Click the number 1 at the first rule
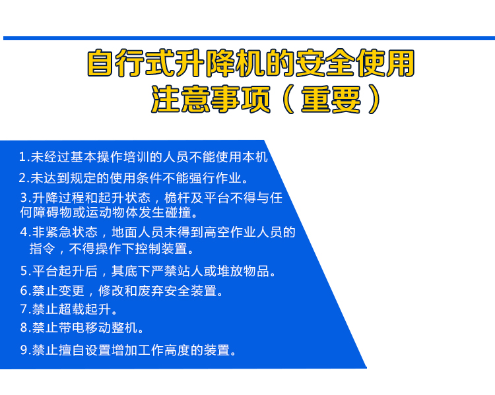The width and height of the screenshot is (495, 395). tap(22, 157)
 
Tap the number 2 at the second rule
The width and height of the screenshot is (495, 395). tap(22, 178)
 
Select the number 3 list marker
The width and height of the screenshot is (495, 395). tap(24, 198)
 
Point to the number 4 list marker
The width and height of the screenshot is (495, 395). tap(24, 232)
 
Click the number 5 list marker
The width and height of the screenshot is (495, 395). tap(24, 271)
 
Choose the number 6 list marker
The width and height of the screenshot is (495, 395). tap(24, 291)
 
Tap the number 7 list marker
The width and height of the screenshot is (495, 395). tap(24, 309)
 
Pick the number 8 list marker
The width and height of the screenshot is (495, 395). tap(24, 328)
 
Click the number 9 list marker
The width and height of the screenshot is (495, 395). tap(24, 350)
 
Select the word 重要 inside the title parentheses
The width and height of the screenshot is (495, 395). tap(331, 100)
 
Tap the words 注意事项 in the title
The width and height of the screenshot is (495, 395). tap(211, 100)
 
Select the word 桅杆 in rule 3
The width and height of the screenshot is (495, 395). tap(177, 198)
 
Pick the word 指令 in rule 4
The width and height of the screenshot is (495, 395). tap(42, 249)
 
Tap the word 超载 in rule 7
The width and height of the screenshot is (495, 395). tap(72, 309)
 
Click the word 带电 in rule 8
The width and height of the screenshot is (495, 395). tap(72, 328)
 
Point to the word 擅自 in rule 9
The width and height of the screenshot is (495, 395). tap(72, 350)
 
